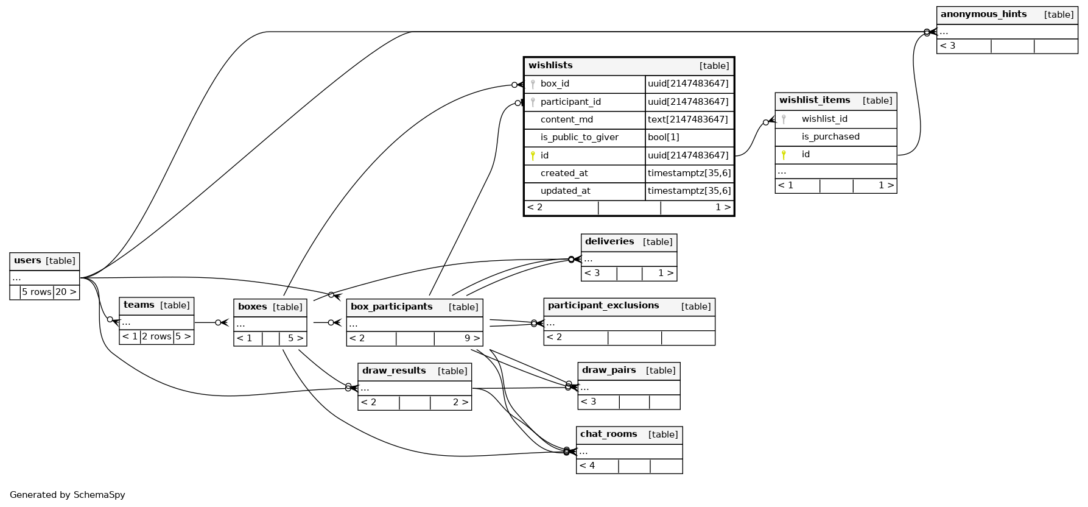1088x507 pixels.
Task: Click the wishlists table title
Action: tap(550, 66)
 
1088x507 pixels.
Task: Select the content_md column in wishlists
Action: tap(566, 120)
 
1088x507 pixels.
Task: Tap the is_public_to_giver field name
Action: tap(579, 138)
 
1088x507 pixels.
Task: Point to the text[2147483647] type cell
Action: tap(687, 120)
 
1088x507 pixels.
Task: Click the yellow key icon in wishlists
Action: tap(533, 156)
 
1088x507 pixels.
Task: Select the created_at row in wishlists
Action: tap(564, 174)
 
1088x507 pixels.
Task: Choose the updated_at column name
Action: tap(565, 191)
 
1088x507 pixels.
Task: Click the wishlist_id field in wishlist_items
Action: tap(824, 119)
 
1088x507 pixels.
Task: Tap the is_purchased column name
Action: tap(830, 137)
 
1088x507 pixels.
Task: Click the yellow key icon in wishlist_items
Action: tap(784, 155)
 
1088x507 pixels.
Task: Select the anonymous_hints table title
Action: tap(983, 15)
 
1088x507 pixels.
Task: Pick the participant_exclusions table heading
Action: tap(603, 306)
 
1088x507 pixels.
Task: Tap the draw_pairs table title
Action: tap(608, 370)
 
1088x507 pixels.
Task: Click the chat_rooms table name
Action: tap(608, 434)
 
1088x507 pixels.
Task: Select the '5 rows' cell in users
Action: tap(37, 292)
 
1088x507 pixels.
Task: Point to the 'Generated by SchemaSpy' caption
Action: tap(68, 495)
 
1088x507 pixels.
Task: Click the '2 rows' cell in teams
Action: tap(156, 337)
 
